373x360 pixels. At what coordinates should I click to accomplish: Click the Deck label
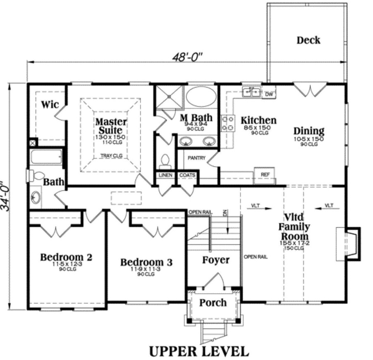coord(308,40)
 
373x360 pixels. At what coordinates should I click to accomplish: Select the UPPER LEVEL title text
coord(199,351)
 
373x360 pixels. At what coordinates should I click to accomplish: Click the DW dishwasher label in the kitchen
coord(270,95)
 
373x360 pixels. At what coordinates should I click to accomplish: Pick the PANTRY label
coord(196,158)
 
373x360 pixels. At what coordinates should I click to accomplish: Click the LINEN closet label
coord(165,175)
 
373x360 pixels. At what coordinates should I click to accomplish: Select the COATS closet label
coord(187,175)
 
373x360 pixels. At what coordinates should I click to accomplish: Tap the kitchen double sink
coord(251,92)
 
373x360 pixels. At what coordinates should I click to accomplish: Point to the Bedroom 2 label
coord(66,257)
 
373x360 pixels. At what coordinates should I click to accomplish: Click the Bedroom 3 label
coord(146,262)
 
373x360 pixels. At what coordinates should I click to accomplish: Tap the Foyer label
coord(215,260)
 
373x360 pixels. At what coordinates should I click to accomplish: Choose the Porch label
coord(213,303)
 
